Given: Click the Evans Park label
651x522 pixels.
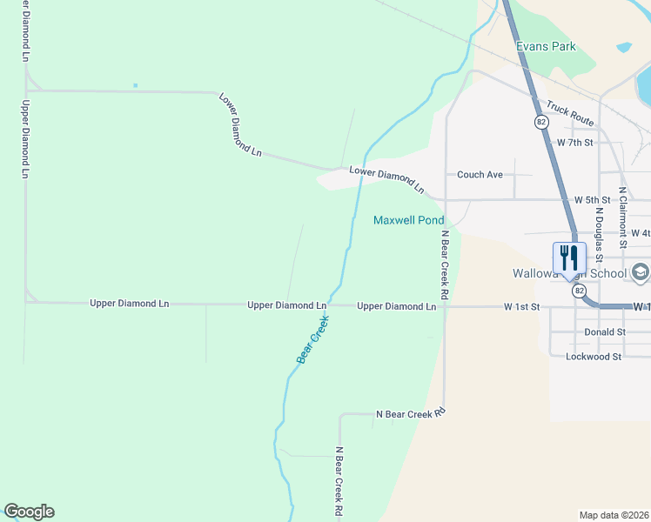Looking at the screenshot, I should click(546, 46).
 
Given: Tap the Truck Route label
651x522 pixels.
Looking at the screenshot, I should click(569, 112).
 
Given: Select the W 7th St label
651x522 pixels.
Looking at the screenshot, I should click(574, 142).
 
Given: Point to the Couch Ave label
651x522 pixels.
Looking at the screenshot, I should click(480, 175).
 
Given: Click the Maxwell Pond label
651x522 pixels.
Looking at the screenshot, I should click(409, 220).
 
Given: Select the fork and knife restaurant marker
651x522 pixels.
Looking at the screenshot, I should click(570, 259).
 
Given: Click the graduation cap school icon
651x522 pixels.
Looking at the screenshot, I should click(641, 272).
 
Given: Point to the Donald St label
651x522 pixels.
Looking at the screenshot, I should click(605, 332).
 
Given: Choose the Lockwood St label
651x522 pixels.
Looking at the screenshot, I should click(593, 357).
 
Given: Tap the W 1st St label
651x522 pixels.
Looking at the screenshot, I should click(522, 307).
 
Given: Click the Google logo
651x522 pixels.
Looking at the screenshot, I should click(29, 512).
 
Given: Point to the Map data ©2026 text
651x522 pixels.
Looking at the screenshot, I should click(614, 515).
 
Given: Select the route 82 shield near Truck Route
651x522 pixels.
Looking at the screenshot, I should click(541, 123).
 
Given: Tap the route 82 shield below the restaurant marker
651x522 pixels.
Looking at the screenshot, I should click(580, 291).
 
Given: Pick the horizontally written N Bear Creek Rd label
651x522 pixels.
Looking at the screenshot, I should click(410, 414).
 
